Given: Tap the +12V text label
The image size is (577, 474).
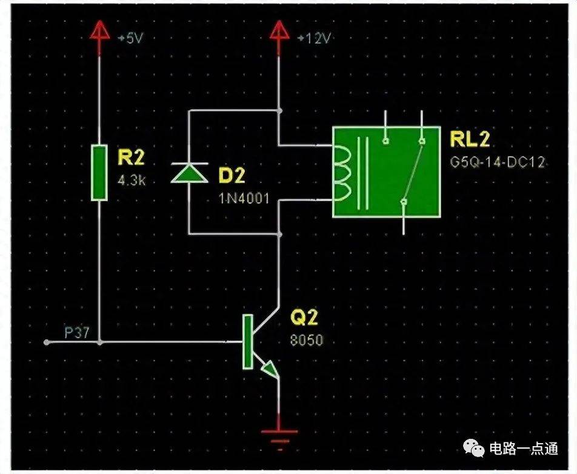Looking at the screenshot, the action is (x=314, y=38).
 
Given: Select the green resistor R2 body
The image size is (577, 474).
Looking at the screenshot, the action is (x=99, y=173).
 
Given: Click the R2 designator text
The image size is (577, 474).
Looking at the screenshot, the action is (x=131, y=157).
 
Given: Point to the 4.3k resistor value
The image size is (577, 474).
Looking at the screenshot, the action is (x=132, y=181).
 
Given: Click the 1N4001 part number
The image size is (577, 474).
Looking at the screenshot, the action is (x=245, y=199).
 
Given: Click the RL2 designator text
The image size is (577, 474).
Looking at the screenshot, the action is (x=470, y=139).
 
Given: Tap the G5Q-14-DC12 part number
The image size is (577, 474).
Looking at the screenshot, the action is (x=498, y=162).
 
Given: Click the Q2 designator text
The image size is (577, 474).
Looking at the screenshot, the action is (x=304, y=317).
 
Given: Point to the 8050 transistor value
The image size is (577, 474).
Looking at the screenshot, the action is (x=306, y=341).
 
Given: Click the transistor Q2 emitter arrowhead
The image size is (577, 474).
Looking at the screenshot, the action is (x=270, y=370).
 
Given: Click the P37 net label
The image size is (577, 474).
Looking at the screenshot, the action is (x=77, y=333).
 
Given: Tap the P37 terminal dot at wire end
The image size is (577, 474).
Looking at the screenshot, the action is (x=46, y=342).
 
